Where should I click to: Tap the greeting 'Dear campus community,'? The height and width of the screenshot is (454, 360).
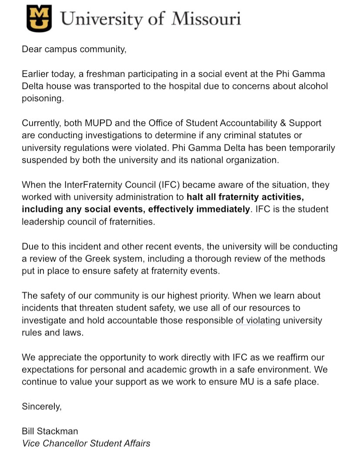pyautogui.click(x=74, y=49)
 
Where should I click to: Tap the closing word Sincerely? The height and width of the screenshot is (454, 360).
pyautogui.click(x=42, y=407)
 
